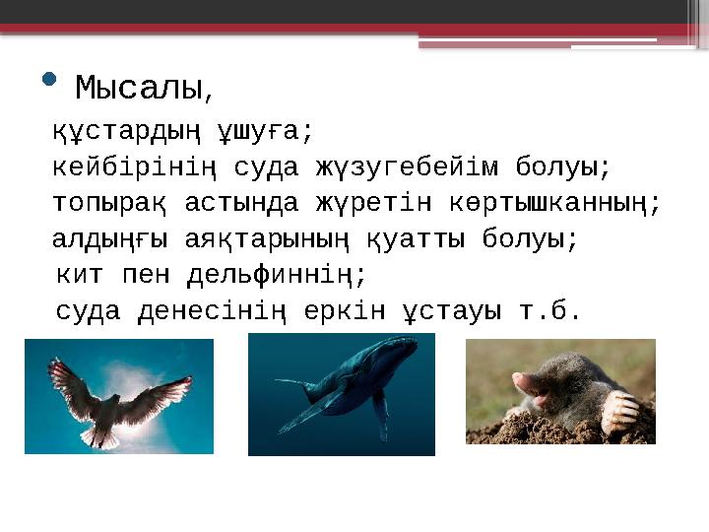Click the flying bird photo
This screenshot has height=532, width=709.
click(x=119, y=395)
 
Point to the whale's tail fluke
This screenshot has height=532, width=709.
click(x=290, y=384)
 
